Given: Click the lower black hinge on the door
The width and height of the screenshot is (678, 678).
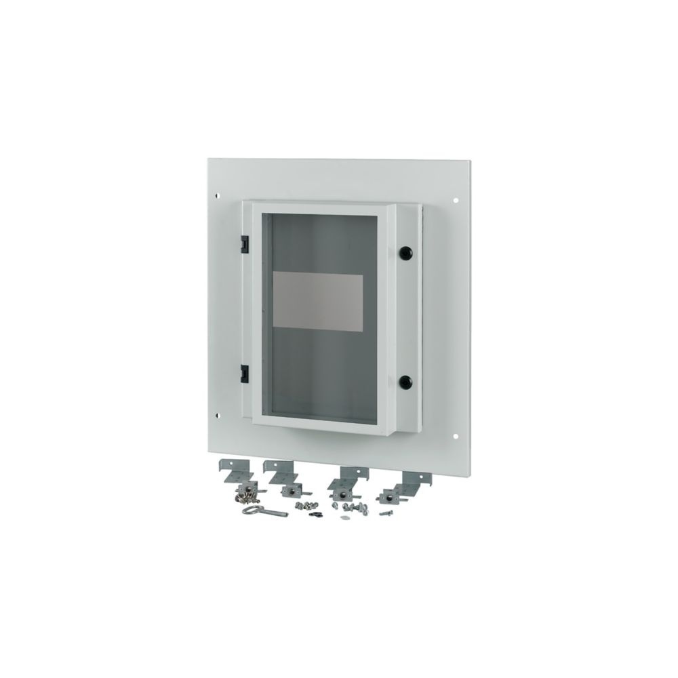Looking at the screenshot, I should pyautogui.click(x=244, y=371).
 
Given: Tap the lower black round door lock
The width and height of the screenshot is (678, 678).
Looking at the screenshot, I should pyautogui.click(x=405, y=381).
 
